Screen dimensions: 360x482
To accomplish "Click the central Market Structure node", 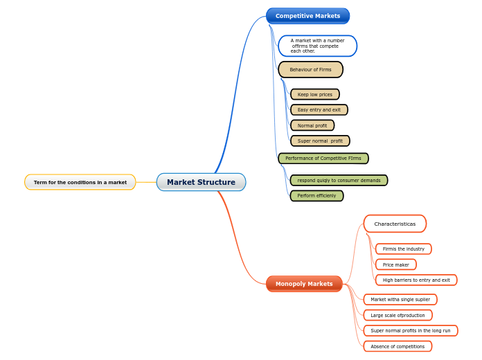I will (x=201, y=182).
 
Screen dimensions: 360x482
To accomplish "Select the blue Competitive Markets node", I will (x=307, y=16).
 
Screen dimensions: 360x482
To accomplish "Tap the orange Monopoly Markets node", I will (x=304, y=284).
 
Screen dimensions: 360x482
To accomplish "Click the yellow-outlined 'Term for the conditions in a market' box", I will (x=80, y=182).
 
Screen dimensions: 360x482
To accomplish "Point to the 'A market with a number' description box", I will (x=317, y=46).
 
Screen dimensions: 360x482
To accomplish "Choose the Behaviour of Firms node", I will (x=310, y=69).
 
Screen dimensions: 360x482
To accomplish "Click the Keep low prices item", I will (x=315, y=94).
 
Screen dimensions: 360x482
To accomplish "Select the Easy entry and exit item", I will (x=319, y=109).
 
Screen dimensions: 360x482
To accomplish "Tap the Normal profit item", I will (x=312, y=125).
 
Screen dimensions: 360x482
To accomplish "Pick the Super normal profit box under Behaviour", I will (x=320, y=141).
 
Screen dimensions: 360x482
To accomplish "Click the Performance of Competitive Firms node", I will (x=323, y=159).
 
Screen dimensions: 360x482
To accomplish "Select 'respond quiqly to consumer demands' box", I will (x=339, y=180).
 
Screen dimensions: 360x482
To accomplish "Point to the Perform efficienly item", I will (x=316, y=196).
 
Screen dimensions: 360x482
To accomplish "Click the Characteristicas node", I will (x=395, y=224).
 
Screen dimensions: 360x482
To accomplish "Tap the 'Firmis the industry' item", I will (x=403, y=249).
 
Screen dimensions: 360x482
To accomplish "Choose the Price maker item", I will (x=395, y=264).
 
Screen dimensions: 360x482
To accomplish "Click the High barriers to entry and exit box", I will (x=416, y=280).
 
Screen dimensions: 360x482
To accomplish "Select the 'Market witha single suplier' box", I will (x=400, y=299).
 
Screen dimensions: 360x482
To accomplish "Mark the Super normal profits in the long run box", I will (x=410, y=330).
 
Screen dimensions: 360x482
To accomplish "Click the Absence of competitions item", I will (x=398, y=346).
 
